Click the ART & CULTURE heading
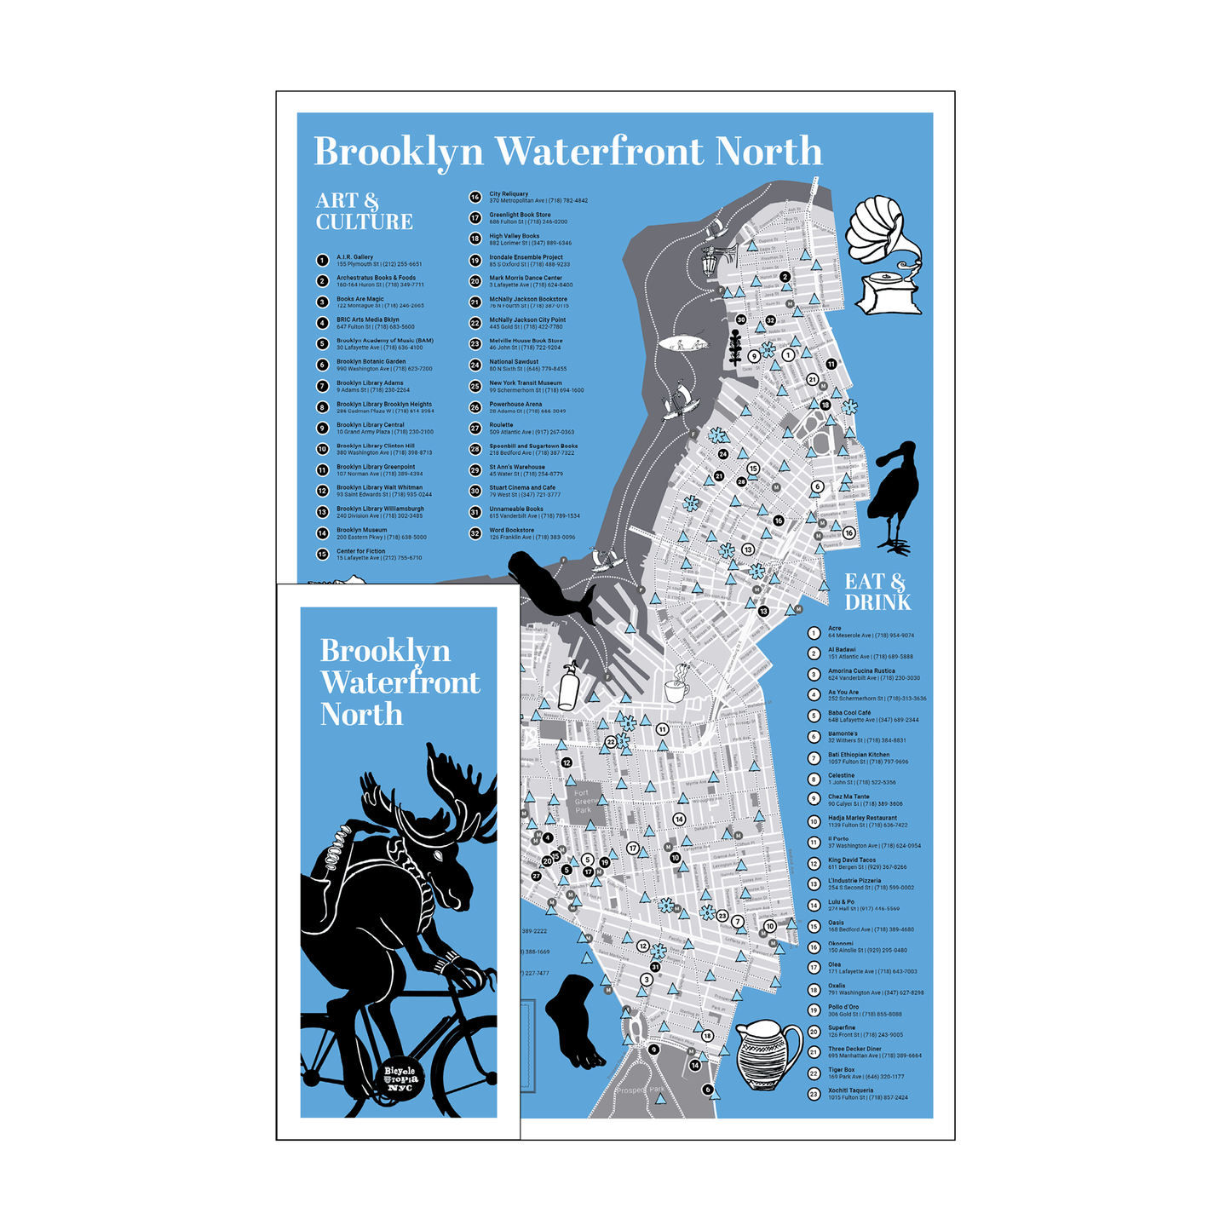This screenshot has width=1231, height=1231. [x=364, y=211]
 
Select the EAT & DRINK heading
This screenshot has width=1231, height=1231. [x=877, y=592]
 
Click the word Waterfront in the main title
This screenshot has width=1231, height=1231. [x=600, y=152]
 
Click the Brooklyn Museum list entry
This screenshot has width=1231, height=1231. [x=380, y=533]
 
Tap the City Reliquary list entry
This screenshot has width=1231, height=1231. [x=537, y=198]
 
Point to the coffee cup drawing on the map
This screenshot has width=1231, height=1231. [x=676, y=684]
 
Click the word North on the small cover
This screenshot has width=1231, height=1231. [x=361, y=715]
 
